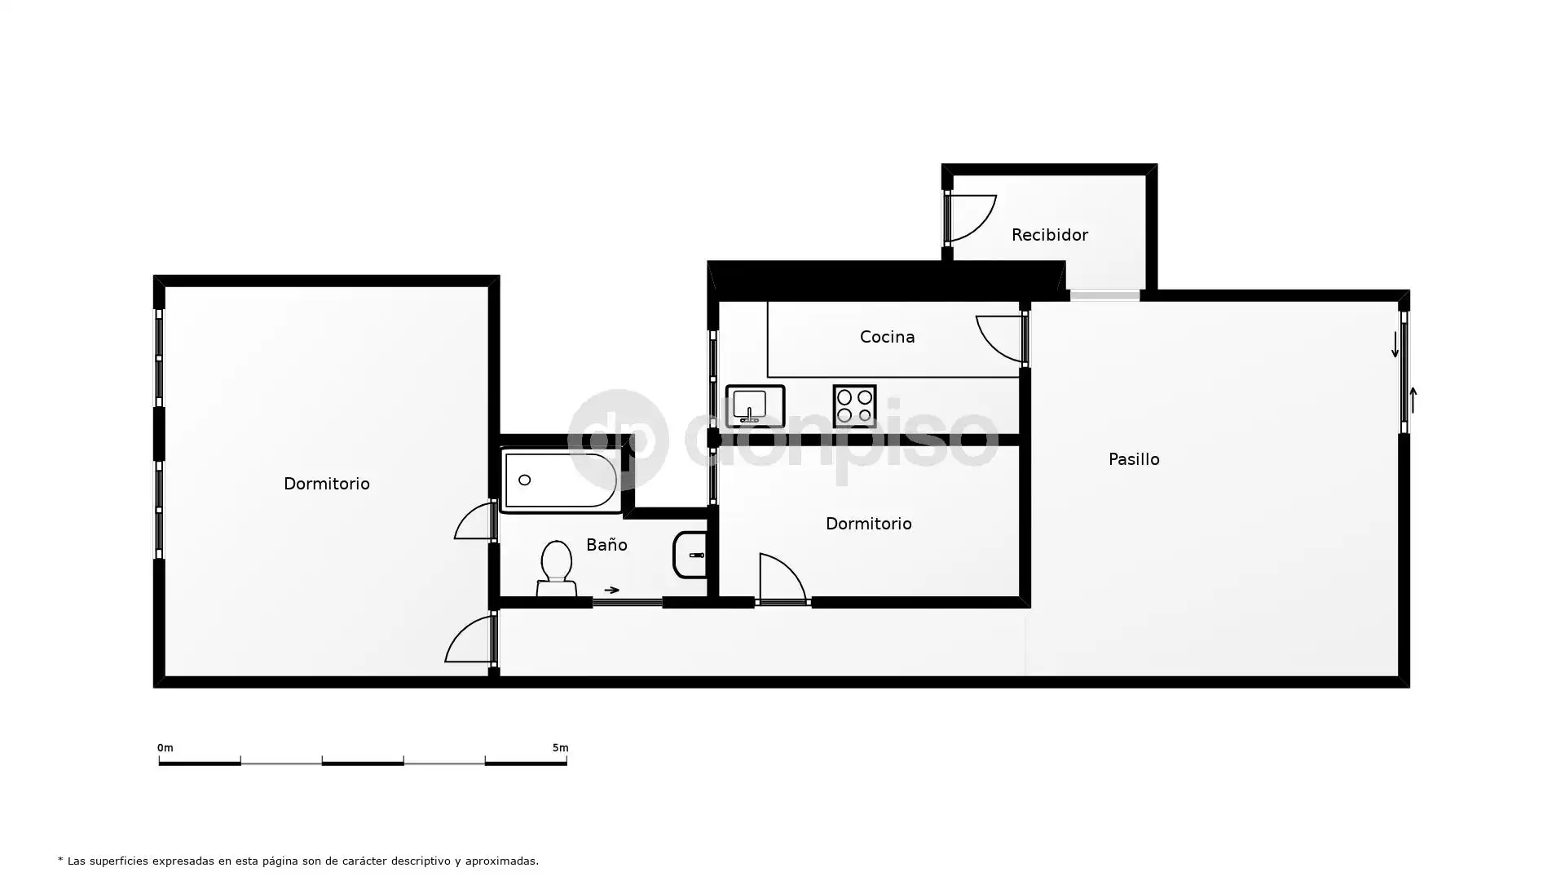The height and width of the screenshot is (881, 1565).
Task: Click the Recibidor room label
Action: (x=1049, y=235)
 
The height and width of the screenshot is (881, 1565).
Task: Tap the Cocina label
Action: (x=887, y=337)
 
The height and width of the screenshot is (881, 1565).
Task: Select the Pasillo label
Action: (x=1134, y=459)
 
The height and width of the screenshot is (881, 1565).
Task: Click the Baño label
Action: (x=606, y=544)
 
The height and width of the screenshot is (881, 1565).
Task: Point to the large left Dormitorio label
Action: (x=326, y=484)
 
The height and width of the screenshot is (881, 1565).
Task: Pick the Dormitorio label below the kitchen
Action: (x=868, y=524)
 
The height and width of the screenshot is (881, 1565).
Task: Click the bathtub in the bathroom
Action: (x=561, y=480)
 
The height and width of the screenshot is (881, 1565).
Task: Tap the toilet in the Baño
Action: (x=557, y=568)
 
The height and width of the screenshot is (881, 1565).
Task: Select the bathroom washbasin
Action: (x=690, y=555)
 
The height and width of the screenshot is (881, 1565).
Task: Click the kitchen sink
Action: (x=755, y=406)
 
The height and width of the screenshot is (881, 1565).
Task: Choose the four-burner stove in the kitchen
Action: (x=854, y=406)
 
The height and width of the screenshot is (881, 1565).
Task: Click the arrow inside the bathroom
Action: (x=611, y=590)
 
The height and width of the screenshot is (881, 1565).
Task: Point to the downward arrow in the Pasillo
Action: (x=1395, y=344)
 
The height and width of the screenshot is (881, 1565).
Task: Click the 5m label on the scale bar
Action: (x=560, y=748)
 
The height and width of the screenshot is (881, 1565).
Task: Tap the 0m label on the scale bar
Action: (x=165, y=748)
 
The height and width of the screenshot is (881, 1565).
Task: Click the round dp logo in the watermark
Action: (x=618, y=440)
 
